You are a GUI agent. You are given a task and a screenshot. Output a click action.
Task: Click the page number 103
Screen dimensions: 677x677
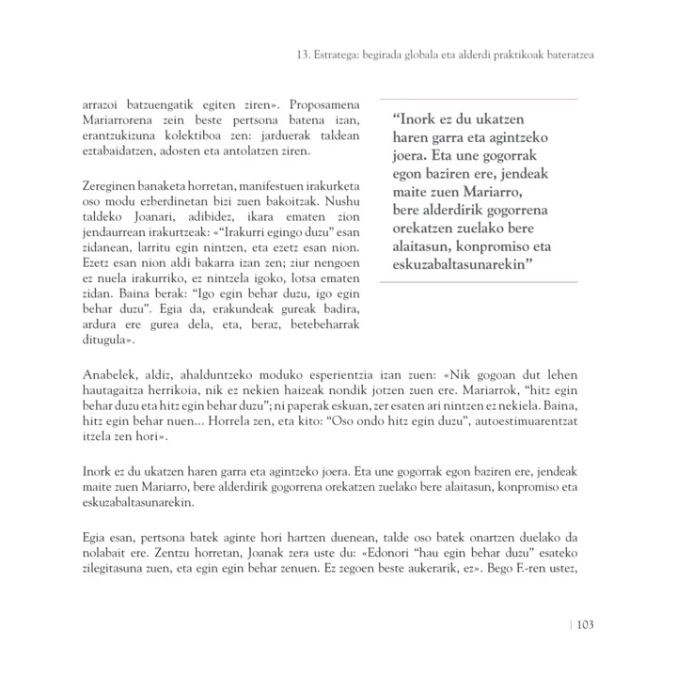click(x=583, y=624)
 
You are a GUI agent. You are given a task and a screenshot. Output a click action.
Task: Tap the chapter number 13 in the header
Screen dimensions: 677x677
click(x=288, y=55)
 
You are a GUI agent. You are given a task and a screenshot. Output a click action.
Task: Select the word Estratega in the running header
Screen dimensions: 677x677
click(x=327, y=55)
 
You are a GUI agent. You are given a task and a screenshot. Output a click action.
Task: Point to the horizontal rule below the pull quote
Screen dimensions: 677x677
click(x=478, y=281)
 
